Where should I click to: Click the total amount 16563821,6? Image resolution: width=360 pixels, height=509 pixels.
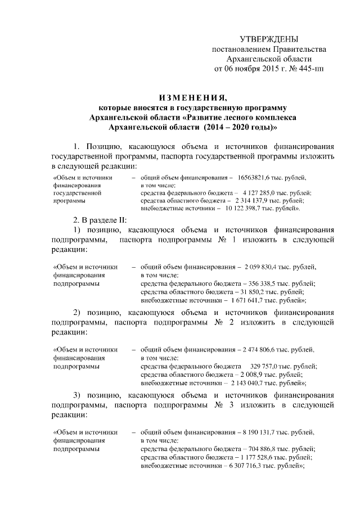click(256, 177)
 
